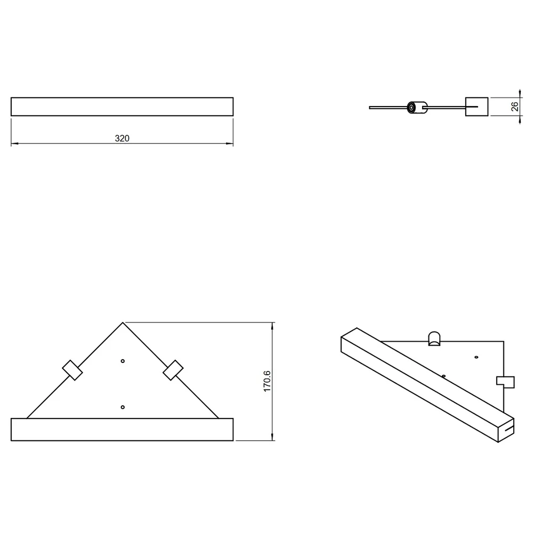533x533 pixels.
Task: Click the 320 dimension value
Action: (x=122, y=139)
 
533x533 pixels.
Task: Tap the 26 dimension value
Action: (x=515, y=107)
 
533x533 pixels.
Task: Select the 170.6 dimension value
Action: (x=267, y=382)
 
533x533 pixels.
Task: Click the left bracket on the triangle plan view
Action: (x=72, y=370)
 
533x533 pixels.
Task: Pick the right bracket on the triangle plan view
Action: (x=173, y=370)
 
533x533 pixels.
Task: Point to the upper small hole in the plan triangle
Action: (x=123, y=361)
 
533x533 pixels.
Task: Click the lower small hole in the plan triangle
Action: (x=123, y=407)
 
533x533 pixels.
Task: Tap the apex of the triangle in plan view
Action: (x=123, y=322)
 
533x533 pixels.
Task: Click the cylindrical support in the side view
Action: (x=417, y=108)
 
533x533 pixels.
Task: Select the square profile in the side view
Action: (x=477, y=107)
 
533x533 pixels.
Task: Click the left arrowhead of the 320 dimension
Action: (x=14, y=143)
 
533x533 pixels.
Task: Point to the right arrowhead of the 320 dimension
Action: (x=230, y=143)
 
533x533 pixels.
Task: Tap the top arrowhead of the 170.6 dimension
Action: (x=272, y=326)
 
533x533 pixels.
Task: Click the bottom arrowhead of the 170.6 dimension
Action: (x=272, y=437)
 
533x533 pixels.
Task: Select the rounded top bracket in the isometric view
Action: (x=434, y=339)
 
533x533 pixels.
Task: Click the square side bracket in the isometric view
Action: (x=505, y=382)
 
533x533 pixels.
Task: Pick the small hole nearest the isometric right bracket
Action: (x=476, y=357)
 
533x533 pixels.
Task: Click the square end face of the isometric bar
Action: (x=506, y=430)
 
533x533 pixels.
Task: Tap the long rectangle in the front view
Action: (x=122, y=107)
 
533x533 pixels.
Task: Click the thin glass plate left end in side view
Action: (x=370, y=108)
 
